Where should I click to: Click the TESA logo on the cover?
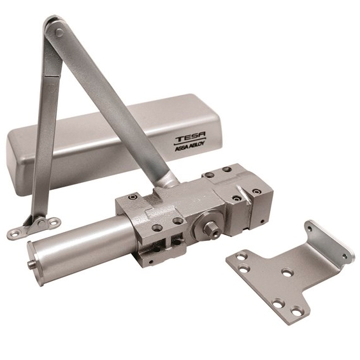tap(191, 139)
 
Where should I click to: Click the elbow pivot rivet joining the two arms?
tap(59, 32)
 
